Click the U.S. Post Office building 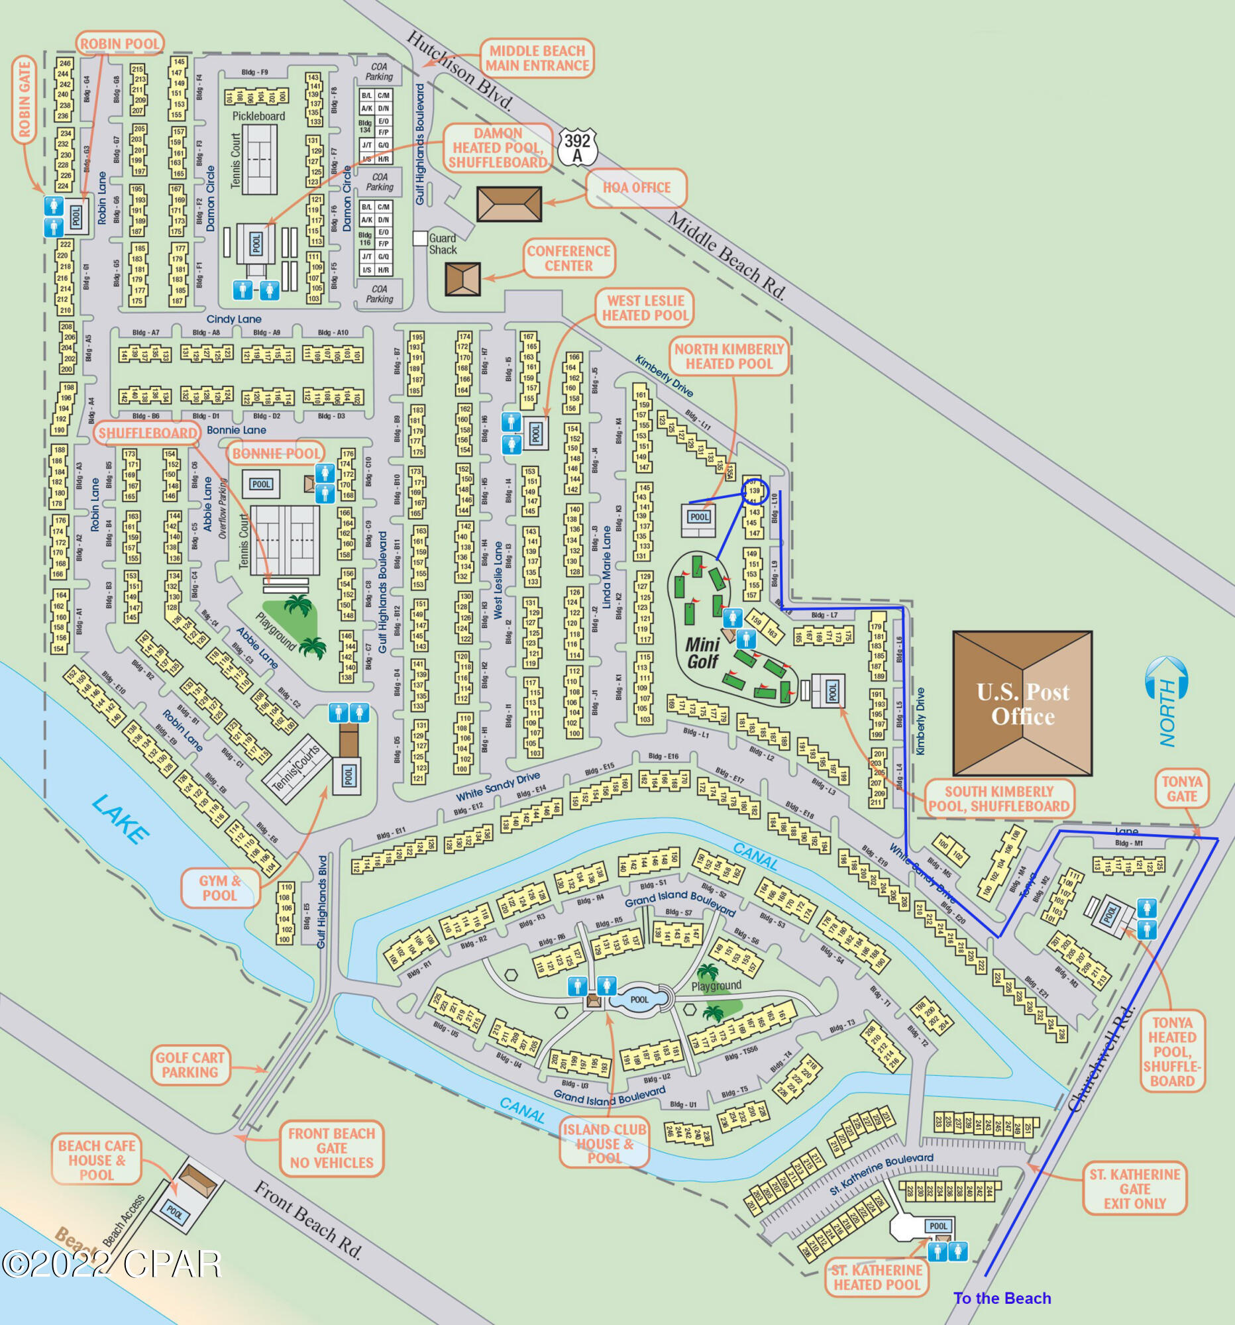click(1022, 704)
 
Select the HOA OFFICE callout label click(637, 188)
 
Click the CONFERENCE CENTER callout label click(568, 258)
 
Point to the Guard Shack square click(420, 238)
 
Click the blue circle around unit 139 click(755, 491)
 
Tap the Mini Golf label click(702, 653)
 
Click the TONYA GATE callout click(1182, 789)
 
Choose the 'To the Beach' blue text click(1002, 1298)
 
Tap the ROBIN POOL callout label click(120, 44)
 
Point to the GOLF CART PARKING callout click(190, 1065)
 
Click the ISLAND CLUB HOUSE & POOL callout click(604, 1143)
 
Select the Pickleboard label click(258, 116)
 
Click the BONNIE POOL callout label click(276, 454)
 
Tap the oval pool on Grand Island click(639, 999)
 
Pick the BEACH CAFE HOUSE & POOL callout click(97, 1161)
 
